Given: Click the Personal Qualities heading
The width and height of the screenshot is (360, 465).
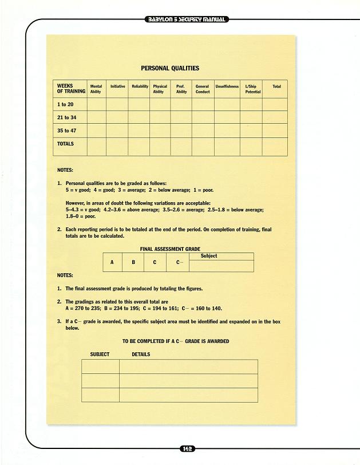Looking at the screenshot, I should tap(170, 68).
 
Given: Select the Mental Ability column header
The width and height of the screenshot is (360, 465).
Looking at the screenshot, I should tap(96, 89).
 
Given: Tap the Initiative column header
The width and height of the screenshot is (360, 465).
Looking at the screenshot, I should tap(117, 86).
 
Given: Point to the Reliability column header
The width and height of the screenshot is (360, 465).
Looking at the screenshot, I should tap(140, 86).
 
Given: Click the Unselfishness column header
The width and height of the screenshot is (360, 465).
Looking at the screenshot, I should tap(227, 86).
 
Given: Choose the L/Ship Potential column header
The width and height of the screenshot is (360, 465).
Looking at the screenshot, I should tap(252, 89).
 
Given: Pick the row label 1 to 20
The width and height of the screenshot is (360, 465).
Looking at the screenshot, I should tap(65, 105).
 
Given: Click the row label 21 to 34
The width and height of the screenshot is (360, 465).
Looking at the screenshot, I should tap(66, 117).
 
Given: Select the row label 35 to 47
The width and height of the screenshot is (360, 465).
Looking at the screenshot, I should tap(66, 131).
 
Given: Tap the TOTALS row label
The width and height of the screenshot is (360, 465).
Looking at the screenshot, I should tap(66, 144).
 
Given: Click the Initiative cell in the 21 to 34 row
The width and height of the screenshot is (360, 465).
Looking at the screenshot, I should tap(117, 117).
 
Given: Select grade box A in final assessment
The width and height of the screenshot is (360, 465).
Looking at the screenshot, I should tap(112, 262).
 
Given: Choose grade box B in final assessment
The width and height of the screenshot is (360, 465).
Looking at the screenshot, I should tap(133, 262).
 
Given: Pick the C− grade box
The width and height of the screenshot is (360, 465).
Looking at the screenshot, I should tap(179, 262).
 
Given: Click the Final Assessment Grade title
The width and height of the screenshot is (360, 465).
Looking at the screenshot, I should tap(170, 249).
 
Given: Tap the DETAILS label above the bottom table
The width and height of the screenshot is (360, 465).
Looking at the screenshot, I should tap(141, 354).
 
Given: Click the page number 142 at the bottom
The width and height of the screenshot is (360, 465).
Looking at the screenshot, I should tap(187, 448).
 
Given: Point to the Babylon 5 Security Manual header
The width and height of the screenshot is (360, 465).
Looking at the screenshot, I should tap(187, 19).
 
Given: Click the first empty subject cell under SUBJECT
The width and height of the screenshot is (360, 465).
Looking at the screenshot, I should tap(100, 367).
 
